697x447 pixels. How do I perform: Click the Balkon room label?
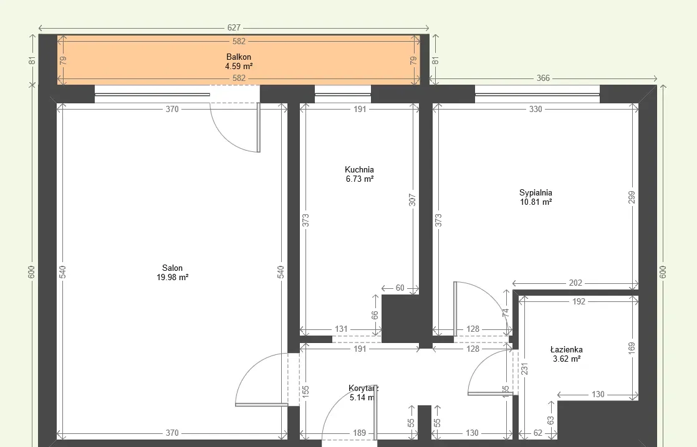click(x=239, y=57)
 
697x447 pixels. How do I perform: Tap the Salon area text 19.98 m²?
click(x=173, y=278)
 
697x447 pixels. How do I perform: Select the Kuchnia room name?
click(x=359, y=169)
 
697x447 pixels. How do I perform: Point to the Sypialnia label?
click(x=536, y=192)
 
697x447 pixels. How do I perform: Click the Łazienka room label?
click(x=566, y=349)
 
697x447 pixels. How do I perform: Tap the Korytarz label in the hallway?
click(x=363, y=388)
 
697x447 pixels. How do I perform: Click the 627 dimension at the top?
click(x=234, y=27)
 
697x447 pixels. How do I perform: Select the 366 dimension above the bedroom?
click(x=543, y=78)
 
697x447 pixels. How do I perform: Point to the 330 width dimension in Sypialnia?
click(x=536, y=109)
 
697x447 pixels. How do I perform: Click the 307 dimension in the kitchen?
click(x=412, y=200)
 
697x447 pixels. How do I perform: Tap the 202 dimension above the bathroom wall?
click(x=575, y=283)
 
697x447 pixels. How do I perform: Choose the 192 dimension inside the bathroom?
click(x=579, y=302)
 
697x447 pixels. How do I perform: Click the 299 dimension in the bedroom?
click(x=632, y=197)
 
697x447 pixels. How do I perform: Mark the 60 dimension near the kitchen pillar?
click(x=400, y=288)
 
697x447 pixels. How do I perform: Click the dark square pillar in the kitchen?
click(x=400, y=319)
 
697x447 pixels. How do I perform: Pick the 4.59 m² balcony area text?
click(x=239, y=67)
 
